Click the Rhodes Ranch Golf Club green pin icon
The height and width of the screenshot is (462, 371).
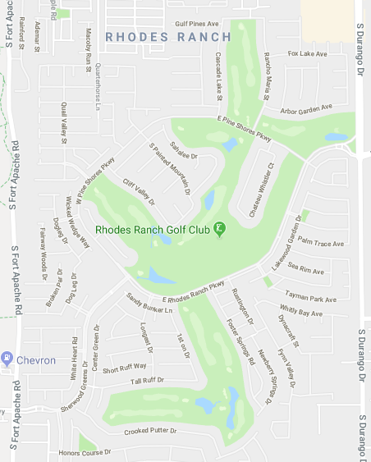point(220,228)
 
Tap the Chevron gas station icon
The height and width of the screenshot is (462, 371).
point(8,359)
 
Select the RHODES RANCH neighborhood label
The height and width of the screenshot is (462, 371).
point(168,37)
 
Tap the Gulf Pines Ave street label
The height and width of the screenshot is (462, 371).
point(196,25)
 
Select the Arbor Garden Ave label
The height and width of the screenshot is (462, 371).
point(305,107)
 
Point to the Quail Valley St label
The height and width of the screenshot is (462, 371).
point(63,123)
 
